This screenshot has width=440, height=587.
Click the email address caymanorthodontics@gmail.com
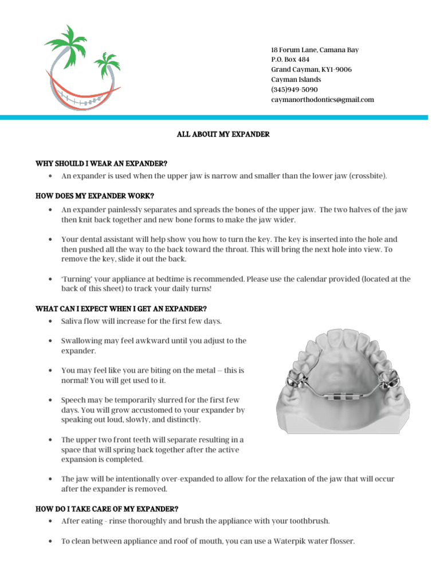point(322,100)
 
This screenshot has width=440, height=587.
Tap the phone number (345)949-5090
point(294,90)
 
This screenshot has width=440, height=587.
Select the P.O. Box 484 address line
point(290,60)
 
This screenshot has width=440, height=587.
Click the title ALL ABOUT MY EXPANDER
point(222,134)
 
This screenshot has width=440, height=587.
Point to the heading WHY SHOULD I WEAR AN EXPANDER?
point(101,164)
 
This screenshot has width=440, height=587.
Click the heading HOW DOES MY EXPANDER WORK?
point(95,196)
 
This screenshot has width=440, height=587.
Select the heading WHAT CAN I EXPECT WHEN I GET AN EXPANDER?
point(121,308)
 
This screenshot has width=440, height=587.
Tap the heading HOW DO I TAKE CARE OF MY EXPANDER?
point(107,509)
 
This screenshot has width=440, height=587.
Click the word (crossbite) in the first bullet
point(368,176)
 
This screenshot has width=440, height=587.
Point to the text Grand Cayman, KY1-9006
point(311,70)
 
